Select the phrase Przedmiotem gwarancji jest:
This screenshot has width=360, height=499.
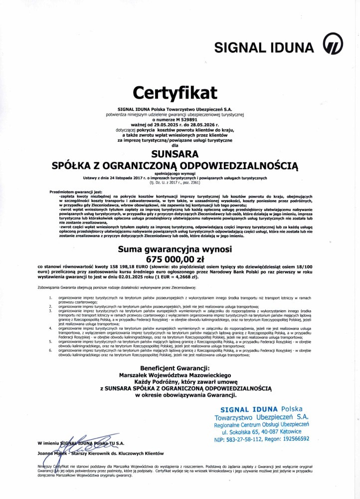point(76,192)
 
